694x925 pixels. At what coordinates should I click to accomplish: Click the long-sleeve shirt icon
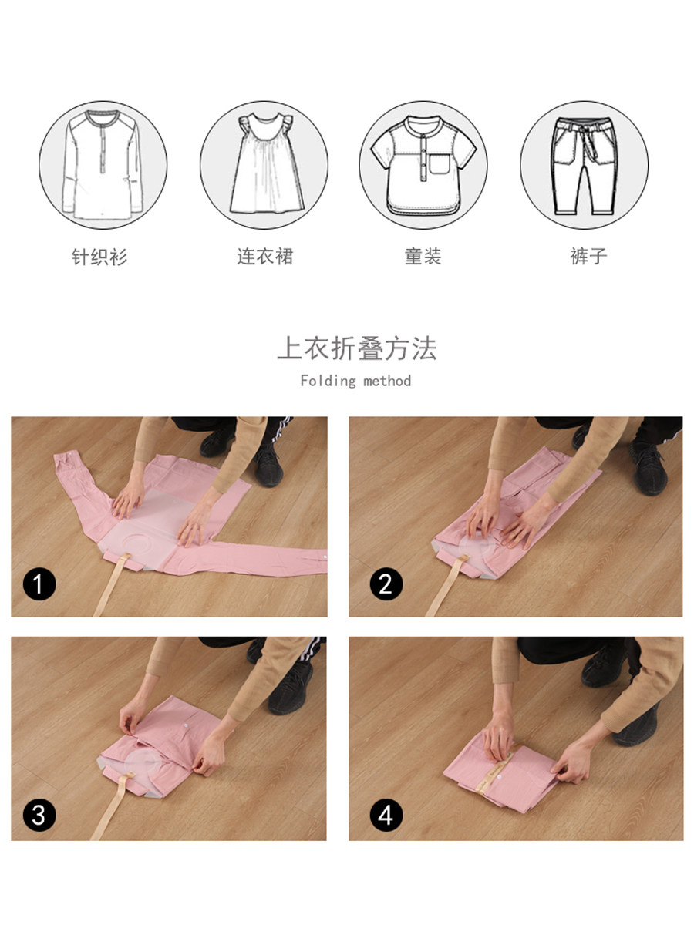(103, 165)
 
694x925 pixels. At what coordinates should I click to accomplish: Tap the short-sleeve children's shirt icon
(423, 166)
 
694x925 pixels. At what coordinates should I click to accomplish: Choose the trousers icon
(584, 166)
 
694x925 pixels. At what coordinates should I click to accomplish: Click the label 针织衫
(99, 257)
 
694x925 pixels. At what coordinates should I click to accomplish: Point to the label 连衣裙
(265, 256)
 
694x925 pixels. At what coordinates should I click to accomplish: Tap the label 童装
(423, 256)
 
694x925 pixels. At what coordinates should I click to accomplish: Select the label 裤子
(588, 256)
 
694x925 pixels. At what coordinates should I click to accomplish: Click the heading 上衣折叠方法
(357, 348)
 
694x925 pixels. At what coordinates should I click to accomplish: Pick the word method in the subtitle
(387, 381)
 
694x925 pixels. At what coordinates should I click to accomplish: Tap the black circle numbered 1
(39, 584)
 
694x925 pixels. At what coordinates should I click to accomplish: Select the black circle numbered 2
(386, 584)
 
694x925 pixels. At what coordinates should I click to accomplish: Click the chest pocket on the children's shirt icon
(440, 164)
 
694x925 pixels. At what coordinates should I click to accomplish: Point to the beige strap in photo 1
(110, 584)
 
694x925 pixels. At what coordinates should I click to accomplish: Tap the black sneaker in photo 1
(268, 464)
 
